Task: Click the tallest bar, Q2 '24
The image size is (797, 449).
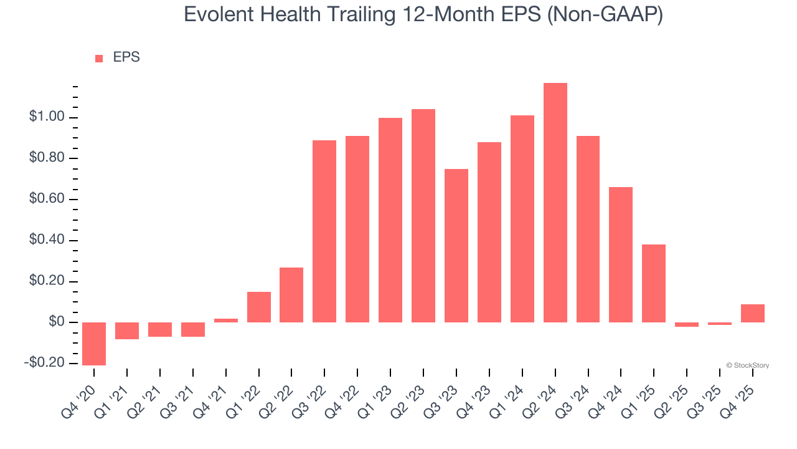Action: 555,203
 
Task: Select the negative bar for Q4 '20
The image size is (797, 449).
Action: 94,344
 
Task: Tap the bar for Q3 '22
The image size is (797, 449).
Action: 324,231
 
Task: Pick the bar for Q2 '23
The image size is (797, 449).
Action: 423,216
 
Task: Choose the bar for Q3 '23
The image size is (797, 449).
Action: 456,246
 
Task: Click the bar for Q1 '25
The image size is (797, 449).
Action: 654,283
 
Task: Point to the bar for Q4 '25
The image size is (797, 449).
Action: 752,313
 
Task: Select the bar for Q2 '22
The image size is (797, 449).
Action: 291,295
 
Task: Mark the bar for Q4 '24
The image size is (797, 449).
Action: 621,254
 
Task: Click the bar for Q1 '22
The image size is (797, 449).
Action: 258,307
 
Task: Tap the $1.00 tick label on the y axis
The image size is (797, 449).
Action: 47,117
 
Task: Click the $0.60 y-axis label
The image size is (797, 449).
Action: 47,200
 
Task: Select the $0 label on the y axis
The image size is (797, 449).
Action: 57,322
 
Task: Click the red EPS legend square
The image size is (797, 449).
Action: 99,59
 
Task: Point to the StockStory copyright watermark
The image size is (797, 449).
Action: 747,365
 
